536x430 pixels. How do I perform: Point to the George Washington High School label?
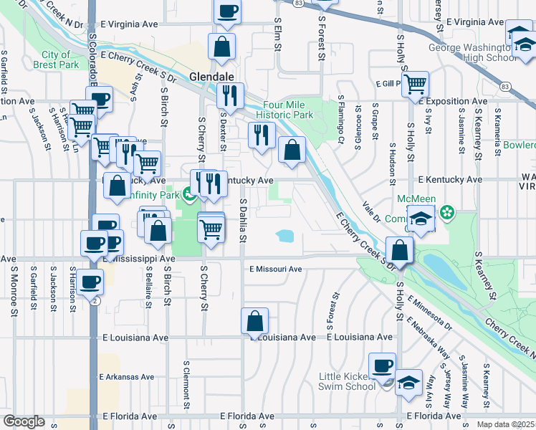click(x=472, y=53)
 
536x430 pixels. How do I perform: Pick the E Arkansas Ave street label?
click(x=127, y=376)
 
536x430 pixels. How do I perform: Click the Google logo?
click(x=24, y=421)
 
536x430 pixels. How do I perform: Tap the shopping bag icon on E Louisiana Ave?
click(x=254, y=322)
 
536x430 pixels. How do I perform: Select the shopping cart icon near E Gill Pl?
click(x=416, y=84)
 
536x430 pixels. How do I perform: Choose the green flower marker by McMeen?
click(x=448, y=213)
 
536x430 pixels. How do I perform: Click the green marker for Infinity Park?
click(x=188, y=193)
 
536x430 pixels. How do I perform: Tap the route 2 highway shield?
click(x=95, y=300)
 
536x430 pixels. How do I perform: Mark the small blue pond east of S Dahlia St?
click(x=284, y=236)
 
